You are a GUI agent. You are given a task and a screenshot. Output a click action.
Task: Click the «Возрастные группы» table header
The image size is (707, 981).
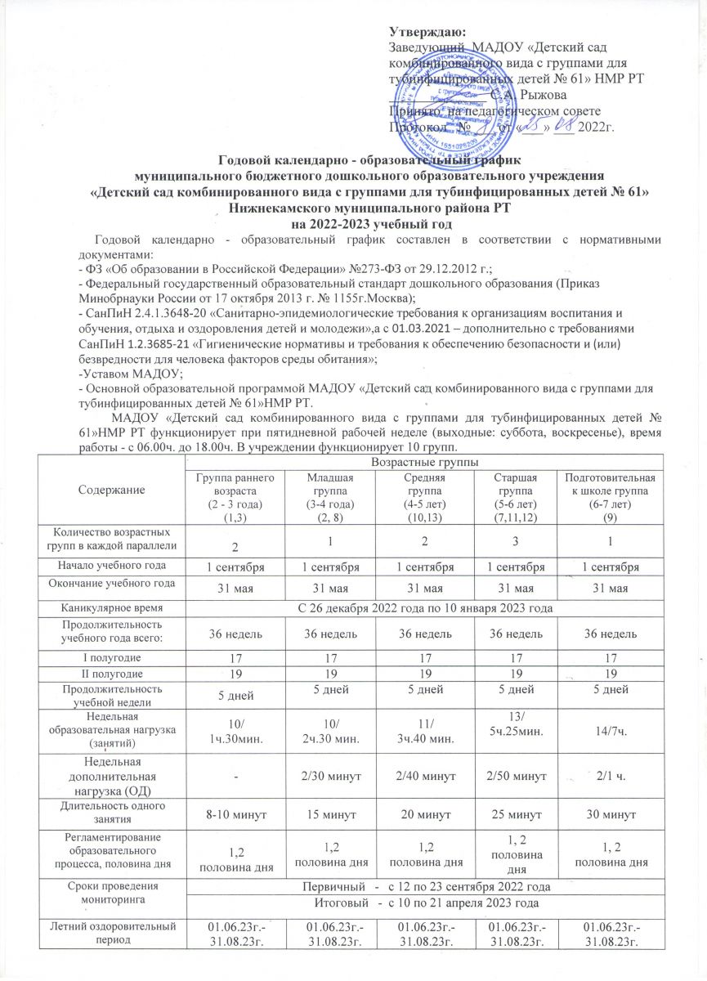click(441, 464)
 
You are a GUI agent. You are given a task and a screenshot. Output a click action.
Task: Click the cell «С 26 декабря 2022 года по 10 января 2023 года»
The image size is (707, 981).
click(441, 608)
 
